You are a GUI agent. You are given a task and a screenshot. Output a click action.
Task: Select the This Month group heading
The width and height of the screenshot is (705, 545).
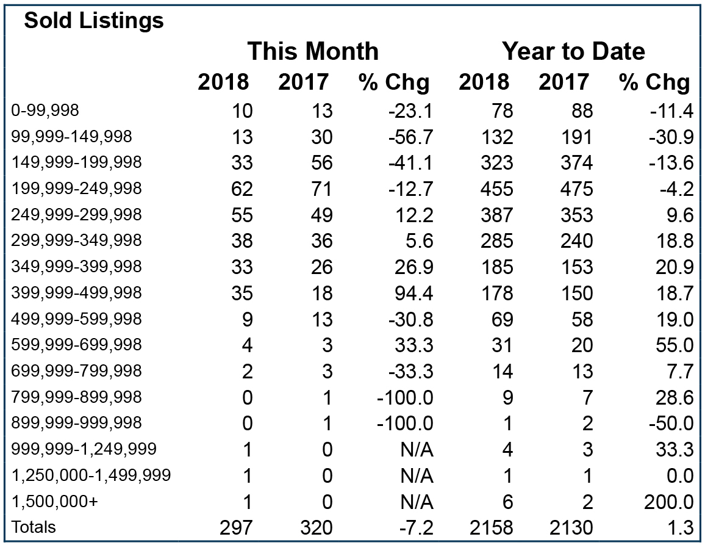(313, 51)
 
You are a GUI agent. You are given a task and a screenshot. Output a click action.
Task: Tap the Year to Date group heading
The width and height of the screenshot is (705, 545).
(573, 51)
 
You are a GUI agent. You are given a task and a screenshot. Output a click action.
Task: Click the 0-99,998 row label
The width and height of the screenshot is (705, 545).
(45, 110)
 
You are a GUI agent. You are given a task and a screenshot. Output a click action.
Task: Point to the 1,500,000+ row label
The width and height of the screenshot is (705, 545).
(54, 501)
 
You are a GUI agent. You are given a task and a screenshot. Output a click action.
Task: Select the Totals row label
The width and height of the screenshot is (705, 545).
(34, 527)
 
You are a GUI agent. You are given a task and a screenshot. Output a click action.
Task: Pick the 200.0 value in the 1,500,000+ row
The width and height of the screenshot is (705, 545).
(668, 502)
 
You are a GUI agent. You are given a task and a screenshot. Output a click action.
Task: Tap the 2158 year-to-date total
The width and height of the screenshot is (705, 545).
(491, 528)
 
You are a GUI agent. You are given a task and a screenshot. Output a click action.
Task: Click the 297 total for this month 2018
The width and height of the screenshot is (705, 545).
(236, 528)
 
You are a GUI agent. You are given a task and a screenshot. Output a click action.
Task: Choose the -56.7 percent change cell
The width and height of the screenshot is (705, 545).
(410, 137)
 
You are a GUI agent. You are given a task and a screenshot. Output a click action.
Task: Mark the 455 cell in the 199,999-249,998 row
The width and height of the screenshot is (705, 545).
(496, 189)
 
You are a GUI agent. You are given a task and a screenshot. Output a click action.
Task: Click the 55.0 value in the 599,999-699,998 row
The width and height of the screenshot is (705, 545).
(675, 345)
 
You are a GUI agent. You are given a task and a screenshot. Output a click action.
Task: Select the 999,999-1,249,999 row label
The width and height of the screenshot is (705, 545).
(84, 449)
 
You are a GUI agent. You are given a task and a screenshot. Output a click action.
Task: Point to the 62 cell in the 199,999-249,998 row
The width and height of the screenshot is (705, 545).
(242, 189)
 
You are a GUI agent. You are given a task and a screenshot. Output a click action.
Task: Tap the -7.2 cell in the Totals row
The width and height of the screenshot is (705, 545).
(417, 528)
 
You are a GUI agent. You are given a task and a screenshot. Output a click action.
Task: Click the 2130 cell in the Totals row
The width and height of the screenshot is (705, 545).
(571, 528)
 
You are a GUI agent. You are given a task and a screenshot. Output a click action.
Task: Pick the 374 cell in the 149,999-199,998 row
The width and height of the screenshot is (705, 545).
(576, 163)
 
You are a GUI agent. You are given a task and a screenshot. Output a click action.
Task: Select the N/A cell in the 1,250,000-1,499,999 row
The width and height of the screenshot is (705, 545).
(417, 475)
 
